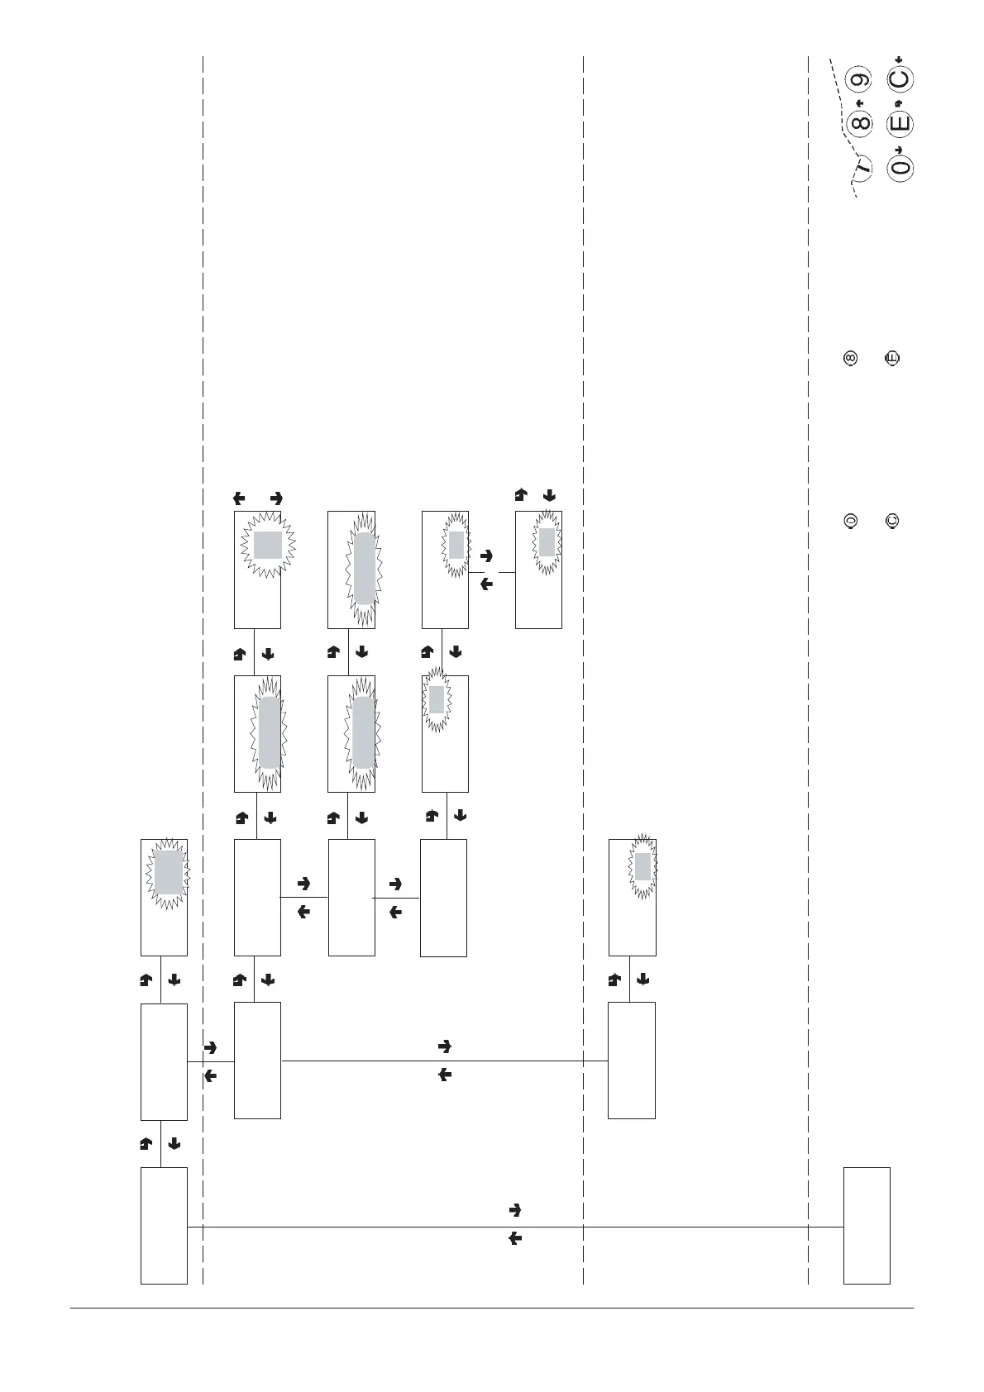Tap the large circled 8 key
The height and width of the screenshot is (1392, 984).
click(862, 124)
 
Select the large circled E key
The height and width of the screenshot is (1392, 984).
click(900, 124)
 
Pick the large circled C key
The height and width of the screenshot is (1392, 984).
click(900, 80)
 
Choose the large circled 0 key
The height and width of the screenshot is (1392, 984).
click(900, 167)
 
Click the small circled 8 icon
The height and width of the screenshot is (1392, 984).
click(849, 359)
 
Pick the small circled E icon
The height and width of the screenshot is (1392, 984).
click(893, 359)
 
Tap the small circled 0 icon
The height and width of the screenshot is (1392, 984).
click(849, 522)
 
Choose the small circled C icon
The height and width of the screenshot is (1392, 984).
click(893, 522)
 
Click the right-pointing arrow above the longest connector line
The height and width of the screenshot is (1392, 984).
click(514, 1210)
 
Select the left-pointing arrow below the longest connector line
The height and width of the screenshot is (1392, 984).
click(514, 1239)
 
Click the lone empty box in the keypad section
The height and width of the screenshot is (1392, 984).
click(867, 1225)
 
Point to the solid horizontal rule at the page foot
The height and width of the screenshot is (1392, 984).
click(491, 1308)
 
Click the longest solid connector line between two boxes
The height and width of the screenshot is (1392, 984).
click(413, 1228)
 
